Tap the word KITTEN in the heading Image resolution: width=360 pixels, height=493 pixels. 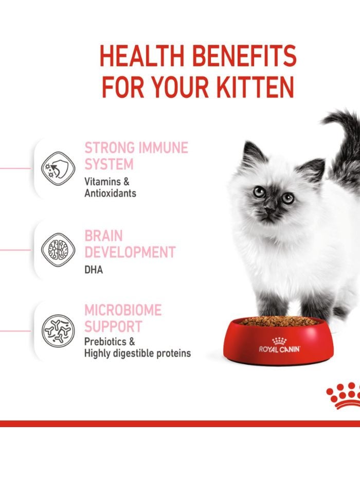tap(252, 87)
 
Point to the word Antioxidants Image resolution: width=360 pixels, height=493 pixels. tap(110, 193)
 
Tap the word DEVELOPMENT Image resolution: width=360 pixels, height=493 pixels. tap(130, 253)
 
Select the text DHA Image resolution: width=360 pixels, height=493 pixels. tap(94, 270)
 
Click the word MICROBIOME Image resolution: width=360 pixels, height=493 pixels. tap(122, 310)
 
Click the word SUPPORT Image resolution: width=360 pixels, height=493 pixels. tap(113, 327)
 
